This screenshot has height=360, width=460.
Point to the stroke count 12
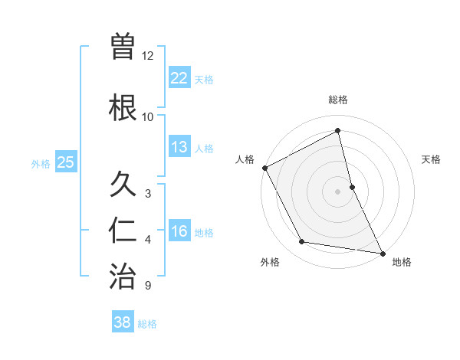(x=148, y=56)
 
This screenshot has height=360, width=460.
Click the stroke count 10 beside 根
(x=148, y=117)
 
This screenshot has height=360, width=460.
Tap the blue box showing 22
(x=179, y=78)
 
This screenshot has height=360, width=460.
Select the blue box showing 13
(x=179, y=147)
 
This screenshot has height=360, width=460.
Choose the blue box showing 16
(x=179, y=231)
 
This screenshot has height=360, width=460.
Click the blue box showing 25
(x=65, y=162)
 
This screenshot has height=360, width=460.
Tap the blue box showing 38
(x=122, y=322)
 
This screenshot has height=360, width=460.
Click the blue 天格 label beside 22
(x=204, y=79)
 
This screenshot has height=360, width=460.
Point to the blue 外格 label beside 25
(x=41, y=163)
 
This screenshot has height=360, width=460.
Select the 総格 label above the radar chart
(x=338, y=100)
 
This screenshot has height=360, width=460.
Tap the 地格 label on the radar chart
(x=402, y=262)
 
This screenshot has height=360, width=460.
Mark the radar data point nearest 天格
(x=352, y=186)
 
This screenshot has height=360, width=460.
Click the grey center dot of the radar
(x=338, y=191)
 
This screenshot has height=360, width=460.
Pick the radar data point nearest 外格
(x=301, y=242)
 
